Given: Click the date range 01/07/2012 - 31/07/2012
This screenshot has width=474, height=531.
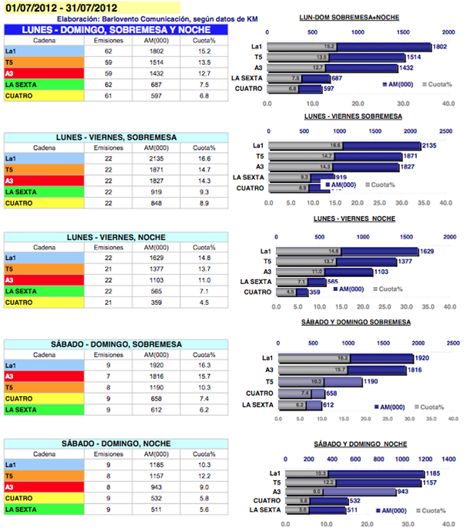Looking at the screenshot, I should (59, 8).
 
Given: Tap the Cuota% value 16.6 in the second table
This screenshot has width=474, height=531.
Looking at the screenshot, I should (203, 159).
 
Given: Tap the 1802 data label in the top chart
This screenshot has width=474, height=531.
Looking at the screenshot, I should (439, 47).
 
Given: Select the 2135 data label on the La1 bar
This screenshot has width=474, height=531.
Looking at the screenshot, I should (429, 145).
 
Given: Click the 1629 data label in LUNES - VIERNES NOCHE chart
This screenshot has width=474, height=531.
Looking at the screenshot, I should (428, 251).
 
